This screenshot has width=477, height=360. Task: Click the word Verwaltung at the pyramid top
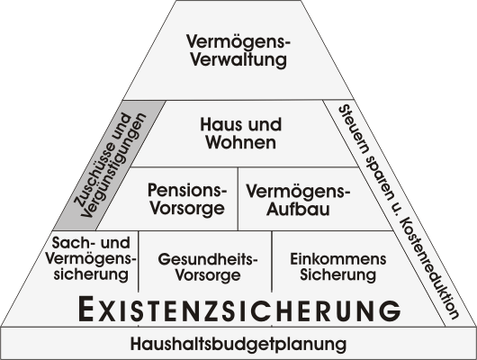[x=238, y=59]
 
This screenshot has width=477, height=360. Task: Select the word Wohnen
[x=241, y=142]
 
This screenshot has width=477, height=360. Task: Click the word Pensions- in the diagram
[x=187, y=190]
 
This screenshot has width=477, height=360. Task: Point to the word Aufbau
[x=298, y=210]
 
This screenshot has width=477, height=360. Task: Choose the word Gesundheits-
[x=208, y=259]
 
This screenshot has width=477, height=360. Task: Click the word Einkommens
[x=338, y=259]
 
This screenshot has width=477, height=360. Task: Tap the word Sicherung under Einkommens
[x=338, y=275]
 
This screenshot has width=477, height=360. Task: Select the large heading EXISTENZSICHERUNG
[x=239, y=310]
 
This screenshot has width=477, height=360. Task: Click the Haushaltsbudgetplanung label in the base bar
[x=238, y=344]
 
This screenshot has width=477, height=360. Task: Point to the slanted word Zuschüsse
[x=103, y=161]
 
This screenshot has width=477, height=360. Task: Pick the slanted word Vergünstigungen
[x=113, y=166]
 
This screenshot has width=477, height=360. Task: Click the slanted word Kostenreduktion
[x=430, y=268]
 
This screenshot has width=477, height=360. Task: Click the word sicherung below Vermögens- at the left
[x=91, y=274]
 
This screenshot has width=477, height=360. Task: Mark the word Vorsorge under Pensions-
[x=188, y=209]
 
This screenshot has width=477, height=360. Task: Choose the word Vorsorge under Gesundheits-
[x=208, y=275]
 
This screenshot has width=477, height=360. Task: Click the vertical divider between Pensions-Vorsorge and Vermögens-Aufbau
[x=238, y=198]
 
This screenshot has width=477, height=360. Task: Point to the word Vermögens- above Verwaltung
[x=238, y=41]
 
